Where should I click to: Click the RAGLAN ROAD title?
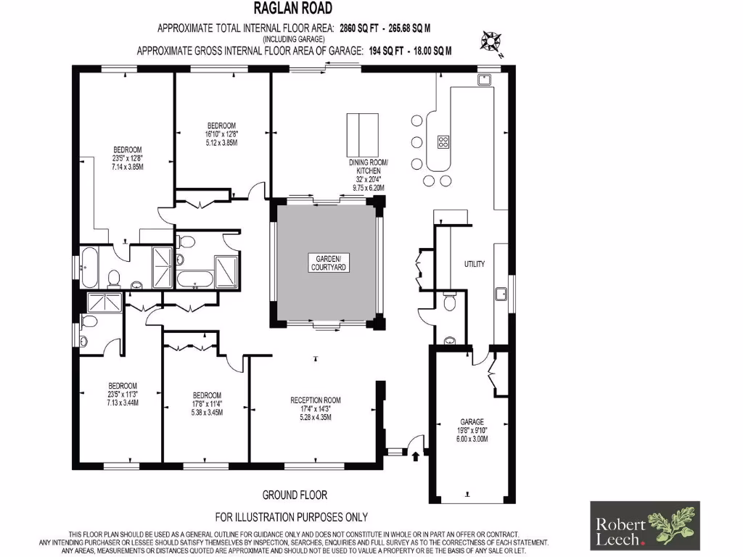click(294, 9)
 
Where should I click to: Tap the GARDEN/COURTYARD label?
click(328, 263)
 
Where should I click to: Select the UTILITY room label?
click(475, 264)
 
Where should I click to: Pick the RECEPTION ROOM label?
click(315, 400)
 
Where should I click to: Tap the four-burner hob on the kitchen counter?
click(443, 141)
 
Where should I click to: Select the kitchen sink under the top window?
click(485, 78)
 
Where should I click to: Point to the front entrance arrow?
click(415, 456)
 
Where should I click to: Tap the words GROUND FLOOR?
click(295, 495)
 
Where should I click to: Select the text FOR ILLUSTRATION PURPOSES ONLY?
click(292, 517)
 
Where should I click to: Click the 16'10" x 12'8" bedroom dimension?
click(222, 133)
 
